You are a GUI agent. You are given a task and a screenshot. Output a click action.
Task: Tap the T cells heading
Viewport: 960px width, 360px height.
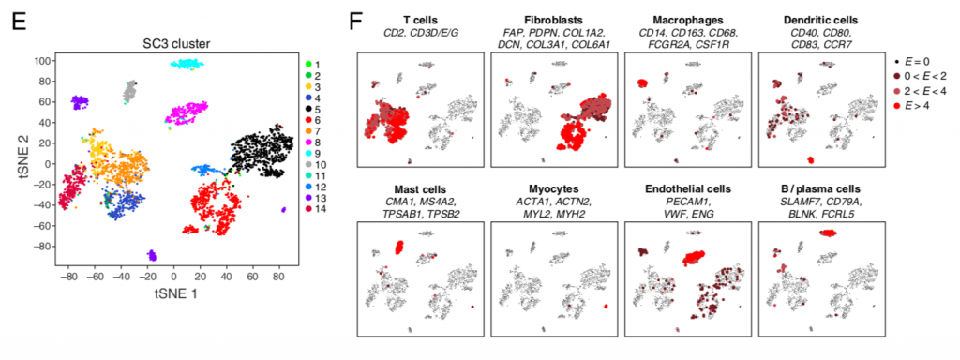tap(418, 18)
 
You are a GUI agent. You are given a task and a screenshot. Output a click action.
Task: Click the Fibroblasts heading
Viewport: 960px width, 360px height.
tap(550, 18)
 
